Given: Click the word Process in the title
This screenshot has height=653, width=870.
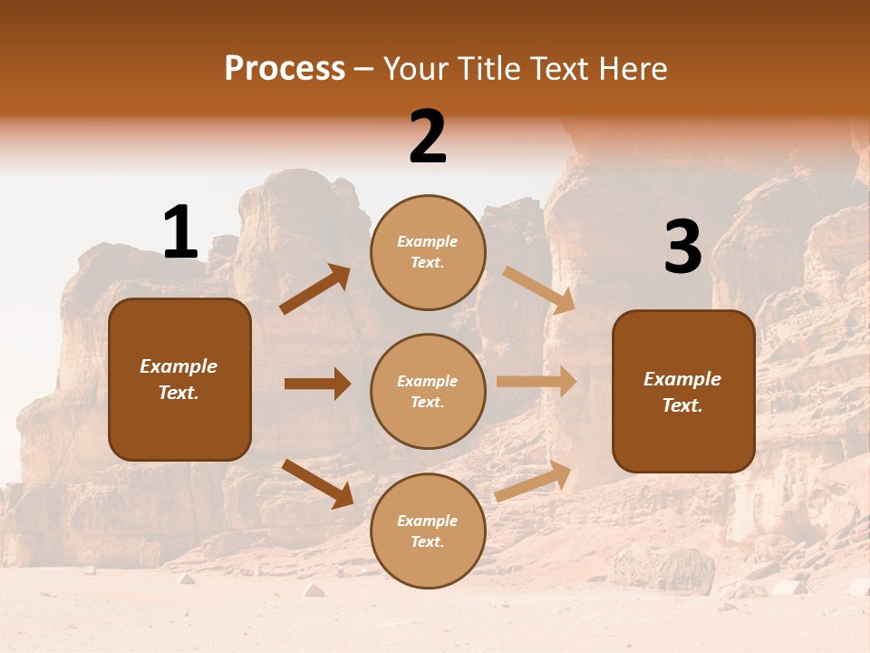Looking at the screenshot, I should tap(285, 68).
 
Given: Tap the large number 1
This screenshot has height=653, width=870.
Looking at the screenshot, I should tap(180, 232).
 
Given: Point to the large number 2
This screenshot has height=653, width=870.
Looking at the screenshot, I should tap(428, 136).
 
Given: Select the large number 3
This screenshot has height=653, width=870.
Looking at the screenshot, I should tap(682, 247).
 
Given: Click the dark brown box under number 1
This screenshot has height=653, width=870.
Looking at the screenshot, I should tap(179, 379).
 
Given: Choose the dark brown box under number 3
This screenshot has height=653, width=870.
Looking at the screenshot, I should tap(683, 391).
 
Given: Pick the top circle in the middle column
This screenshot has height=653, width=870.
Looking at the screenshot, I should tap(428, 252).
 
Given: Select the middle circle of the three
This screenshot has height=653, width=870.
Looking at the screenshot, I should tap(428, 391).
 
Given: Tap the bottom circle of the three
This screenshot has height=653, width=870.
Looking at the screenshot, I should tap(428, 531).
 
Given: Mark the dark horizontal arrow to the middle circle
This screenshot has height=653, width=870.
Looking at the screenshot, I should tap(317, 384).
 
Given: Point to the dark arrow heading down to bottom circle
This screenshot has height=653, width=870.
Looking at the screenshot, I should tap(317, 482).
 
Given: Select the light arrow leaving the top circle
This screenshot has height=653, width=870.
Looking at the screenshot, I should tap(538, 289).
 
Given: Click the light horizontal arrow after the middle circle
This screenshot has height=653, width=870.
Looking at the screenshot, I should tap(536, 381).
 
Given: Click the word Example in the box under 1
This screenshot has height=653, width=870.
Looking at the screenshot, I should tap(179, 366).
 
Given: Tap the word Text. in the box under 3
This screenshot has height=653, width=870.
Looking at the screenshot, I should tap(682, 405).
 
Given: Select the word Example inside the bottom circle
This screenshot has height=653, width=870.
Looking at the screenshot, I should tap(428, 521).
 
